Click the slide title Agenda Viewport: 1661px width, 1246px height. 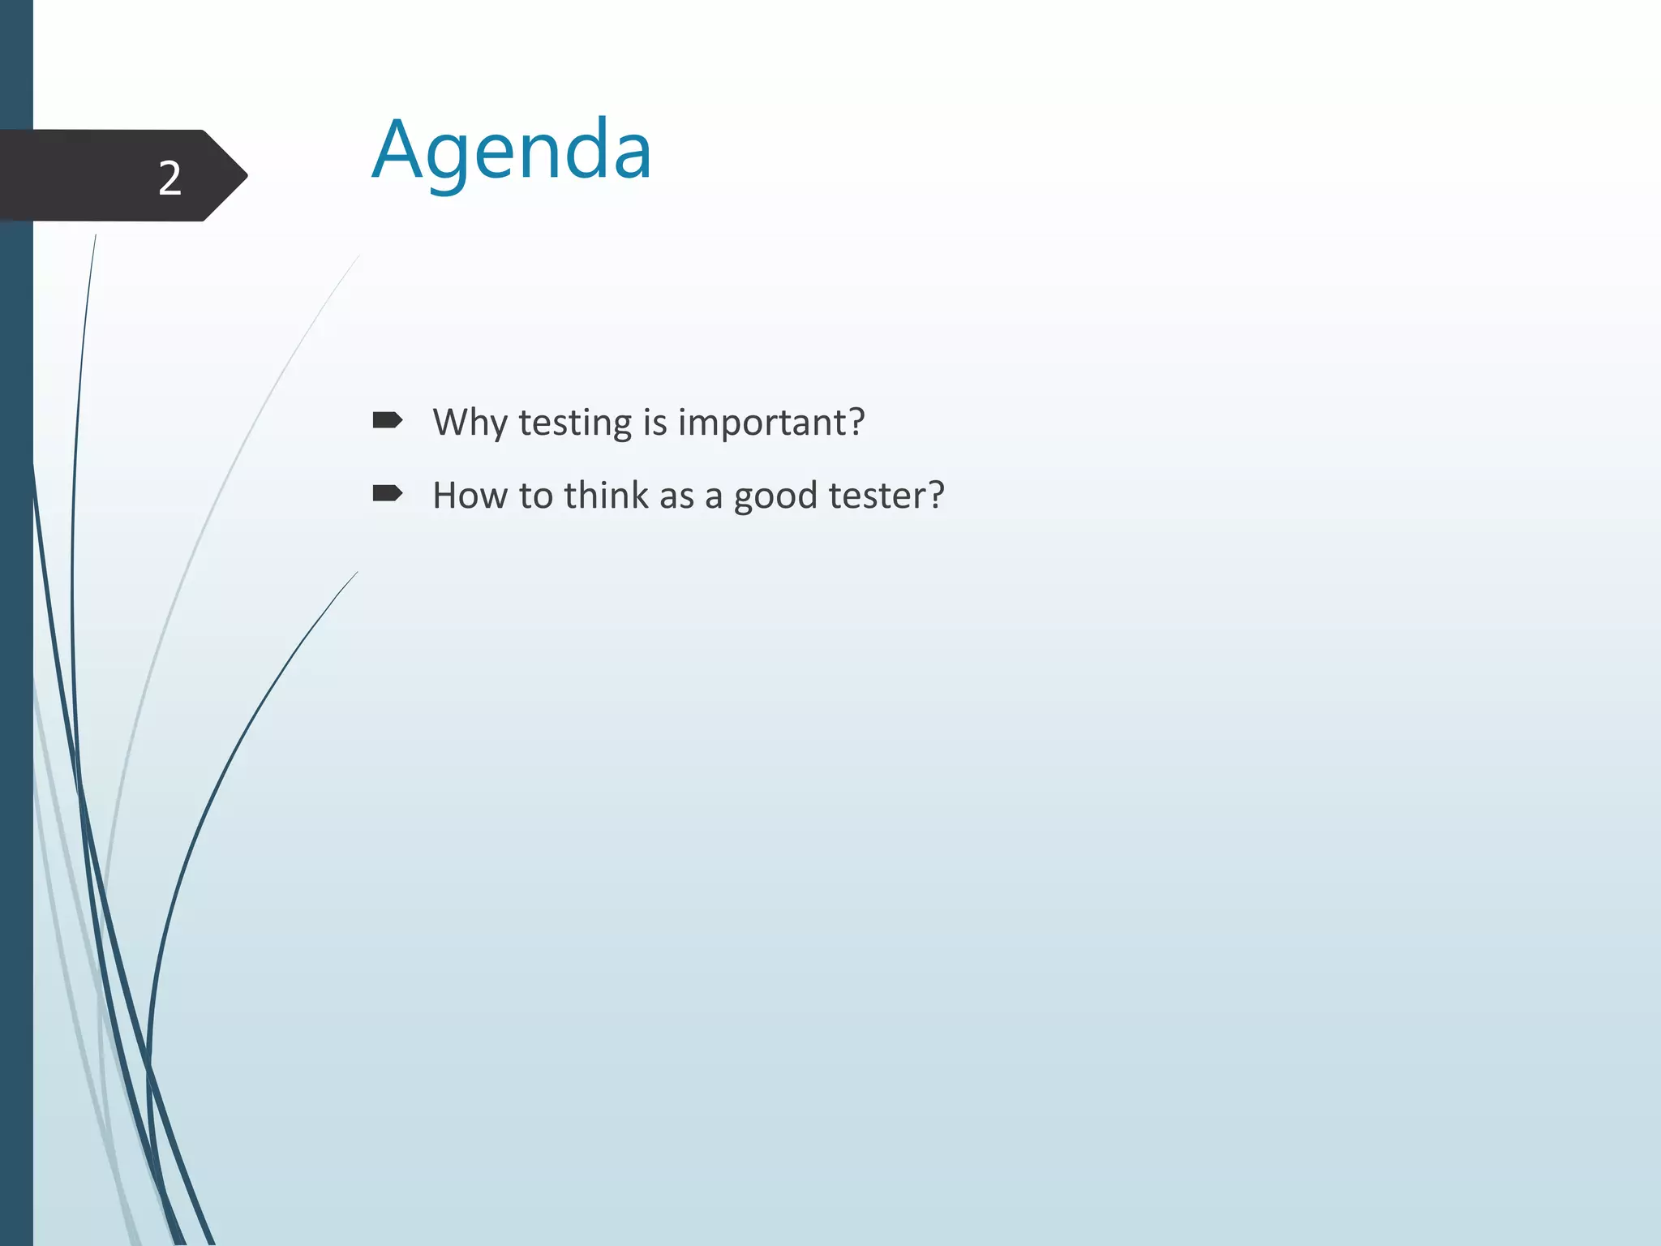tap(512, 151)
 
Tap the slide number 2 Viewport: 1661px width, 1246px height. tap(170, 178)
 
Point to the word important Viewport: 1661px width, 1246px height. tap(762, 423)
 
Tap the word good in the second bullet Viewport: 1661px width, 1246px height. tap(775, 496)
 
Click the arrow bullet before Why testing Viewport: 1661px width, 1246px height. tap(387, 420)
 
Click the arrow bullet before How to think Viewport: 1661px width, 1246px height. tap(387, 493)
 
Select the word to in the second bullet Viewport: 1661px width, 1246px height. tap(535, 495)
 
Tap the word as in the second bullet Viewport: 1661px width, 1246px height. tap(676, 496)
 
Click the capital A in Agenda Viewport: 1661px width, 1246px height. tap(398, 151)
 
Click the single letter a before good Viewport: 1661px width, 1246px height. tap(714, 496)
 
